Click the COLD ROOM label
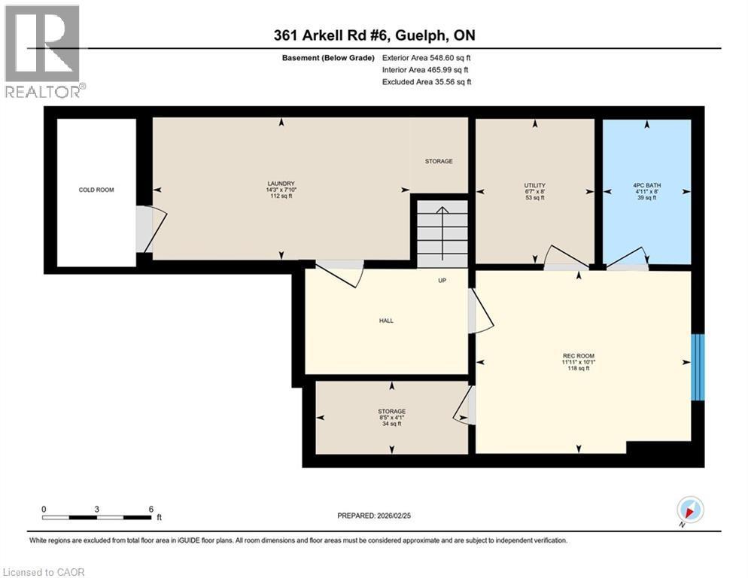click(x=96, y=190)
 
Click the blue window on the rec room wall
click(x=698, y=367)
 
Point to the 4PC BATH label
click(x=645, y=190)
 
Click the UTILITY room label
click(x=534, y=190)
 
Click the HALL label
click(x=386, y=321)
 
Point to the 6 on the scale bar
click(x=151, y=510)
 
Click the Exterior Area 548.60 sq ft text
click(x=427, y=57)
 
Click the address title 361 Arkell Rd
click(x=374, y=35)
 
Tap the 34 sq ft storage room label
click(x=391, y=417)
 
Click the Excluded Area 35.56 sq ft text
click(x=427, y=81)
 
